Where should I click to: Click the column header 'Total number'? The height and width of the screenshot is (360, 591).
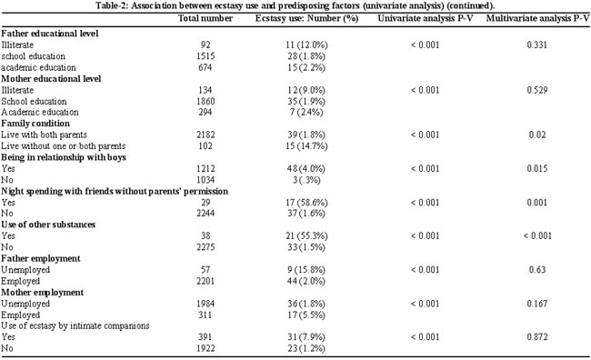coord(205,18)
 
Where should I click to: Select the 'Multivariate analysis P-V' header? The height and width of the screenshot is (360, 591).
coord(537,18)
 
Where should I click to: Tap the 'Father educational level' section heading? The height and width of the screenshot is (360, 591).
coord(50,34)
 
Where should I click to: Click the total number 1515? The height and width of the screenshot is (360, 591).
coord(205,56)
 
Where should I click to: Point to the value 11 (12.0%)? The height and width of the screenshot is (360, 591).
coord(306,45)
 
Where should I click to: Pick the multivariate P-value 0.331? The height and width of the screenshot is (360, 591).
coord(537,45)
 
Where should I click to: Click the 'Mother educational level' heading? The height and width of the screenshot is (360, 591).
coord(51,79)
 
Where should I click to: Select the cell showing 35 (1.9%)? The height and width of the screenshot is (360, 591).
coord(306,102)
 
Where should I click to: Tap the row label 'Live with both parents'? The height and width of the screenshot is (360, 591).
coord(45,135)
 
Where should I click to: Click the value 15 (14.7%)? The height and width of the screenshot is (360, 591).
coord(306,145)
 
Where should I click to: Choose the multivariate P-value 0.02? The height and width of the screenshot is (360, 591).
coord(537,135)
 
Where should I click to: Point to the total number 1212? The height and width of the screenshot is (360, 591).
coord(205,168)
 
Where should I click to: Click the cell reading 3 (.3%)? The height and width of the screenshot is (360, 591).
coord(306,180)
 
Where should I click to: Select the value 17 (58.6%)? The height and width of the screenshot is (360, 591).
coord(306,203)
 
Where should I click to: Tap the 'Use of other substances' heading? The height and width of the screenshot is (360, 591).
coord(48,225)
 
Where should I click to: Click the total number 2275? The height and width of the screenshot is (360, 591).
coord(205,247)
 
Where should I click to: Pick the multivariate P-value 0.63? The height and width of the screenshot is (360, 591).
coord(537,270)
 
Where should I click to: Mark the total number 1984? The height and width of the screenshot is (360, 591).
coord(205,304)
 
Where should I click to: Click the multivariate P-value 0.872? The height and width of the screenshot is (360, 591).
coord(537,337)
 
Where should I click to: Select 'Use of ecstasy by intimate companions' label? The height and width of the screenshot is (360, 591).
coord(75,326)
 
